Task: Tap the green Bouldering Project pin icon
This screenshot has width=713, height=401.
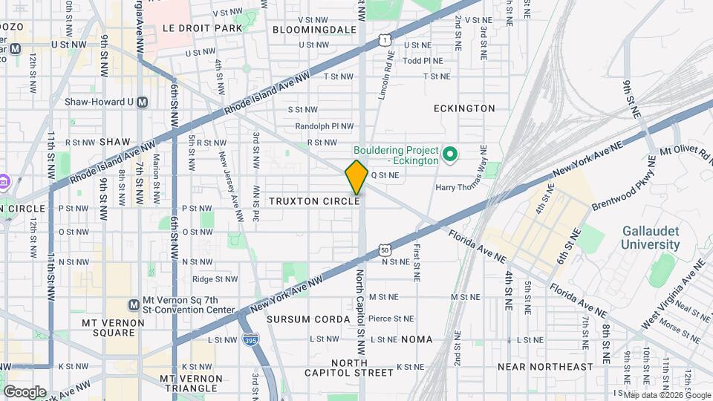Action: pos(449,155)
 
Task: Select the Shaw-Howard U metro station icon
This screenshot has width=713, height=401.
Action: pos(142,102)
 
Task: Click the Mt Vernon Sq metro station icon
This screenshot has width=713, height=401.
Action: pos(134,304)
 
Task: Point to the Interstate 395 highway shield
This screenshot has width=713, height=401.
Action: pos(250,339)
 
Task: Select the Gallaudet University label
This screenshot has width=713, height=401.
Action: pos(651,237)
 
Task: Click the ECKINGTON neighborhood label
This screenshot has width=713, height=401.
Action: pos(464,108)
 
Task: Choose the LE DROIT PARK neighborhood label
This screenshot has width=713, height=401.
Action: pos(192,28)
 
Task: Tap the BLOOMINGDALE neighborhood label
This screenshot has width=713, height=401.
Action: pos(314,29)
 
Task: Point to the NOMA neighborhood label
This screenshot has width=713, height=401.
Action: pos(417,339)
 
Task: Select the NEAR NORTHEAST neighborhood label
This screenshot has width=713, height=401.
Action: pos(544,367)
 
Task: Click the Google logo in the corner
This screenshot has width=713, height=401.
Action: pos(25,391)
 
